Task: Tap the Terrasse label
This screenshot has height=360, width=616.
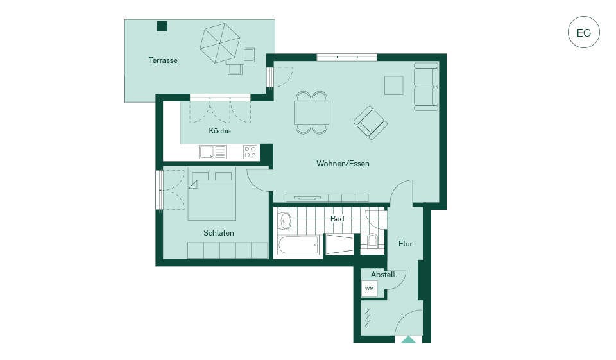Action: pyautogui.click(x=163, y=60)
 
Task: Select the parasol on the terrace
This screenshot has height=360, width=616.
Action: pyautogui.click(x=220, y=43)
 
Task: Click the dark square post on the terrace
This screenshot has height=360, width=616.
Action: pyautogui.click(x=162, y=26)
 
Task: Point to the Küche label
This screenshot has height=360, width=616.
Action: pyautogui.click(x=219, y=130)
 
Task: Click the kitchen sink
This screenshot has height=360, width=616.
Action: pyautogui.click(x=212, y=152)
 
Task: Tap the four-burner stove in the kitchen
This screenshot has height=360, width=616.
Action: pyautogui.click(x=250, y=152)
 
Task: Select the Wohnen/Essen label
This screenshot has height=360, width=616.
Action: pyautogui.click(x=343, y=163)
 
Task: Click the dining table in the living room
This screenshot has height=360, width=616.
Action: pyautogui.click(x=312, y=113)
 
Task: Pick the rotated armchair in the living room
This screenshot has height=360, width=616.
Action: pyautogui.click(x=370, y=122)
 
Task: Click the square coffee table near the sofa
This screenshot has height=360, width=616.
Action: pyautogui.click(x=393, y=85)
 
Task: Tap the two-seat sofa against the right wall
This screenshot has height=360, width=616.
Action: pyautogui.click(x=426, y=87)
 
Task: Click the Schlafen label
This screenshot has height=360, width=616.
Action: pyautogui.click(x=219, y=233)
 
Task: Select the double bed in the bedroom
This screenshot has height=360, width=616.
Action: pyautogui.click(x=212, y=194)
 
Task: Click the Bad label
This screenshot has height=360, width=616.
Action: pyautogui.click(x=337, y=219)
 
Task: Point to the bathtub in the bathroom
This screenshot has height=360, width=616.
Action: pyautogui.click(x=298, y=245)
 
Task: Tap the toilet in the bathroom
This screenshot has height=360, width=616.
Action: pyautogui.click(x=372, y=240)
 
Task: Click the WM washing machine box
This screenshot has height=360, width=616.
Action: pyautogui.click(x=370, y=289)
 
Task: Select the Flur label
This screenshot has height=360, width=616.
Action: pyautogui.click(x=406, y=244)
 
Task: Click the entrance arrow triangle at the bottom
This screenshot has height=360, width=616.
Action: pyautogui.click(x=409, y=340)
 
